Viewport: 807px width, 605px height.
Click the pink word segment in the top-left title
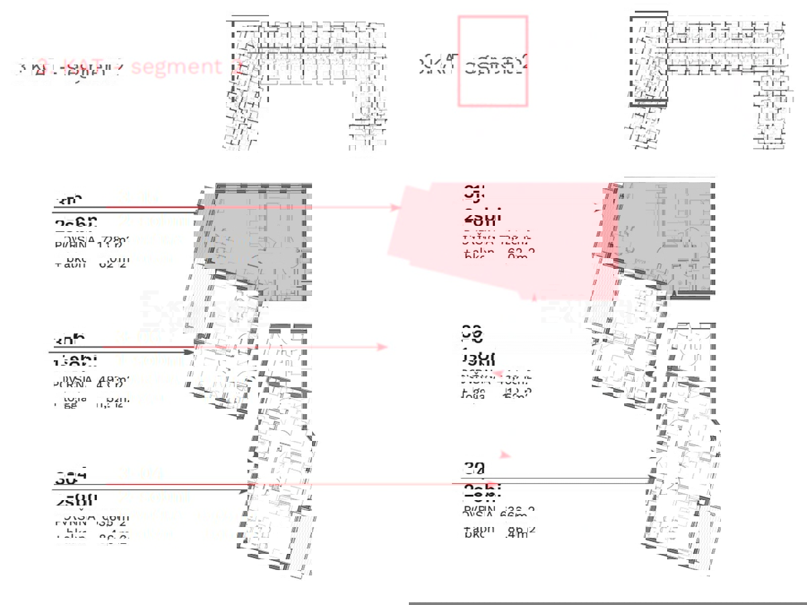click(x=176, y=67)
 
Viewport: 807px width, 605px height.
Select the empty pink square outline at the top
click(x=492, y=61)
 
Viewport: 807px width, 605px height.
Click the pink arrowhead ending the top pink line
click(x=397, y=208)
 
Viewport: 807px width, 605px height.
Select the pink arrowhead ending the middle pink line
click(x=384, y=347)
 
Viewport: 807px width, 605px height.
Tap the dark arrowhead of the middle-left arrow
click(x=190, y=352)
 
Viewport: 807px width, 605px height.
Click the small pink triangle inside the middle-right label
click(x=497, y=373)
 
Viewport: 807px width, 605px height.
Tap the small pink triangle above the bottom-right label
click(x=506, y=456)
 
